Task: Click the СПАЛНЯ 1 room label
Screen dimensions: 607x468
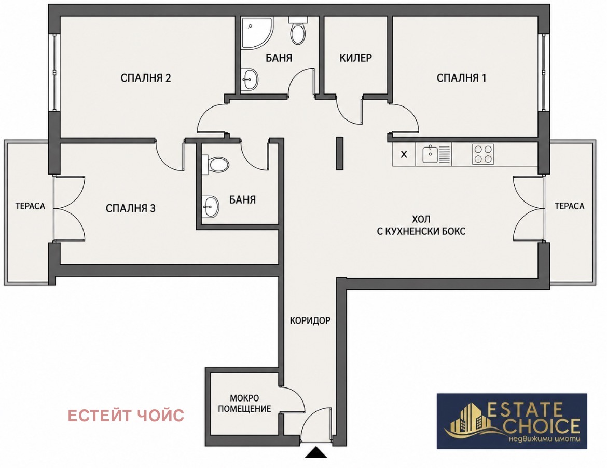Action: point(461,78)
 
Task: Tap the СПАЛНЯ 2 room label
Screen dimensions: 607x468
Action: point(146,78)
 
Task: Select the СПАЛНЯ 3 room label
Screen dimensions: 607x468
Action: point(130,208)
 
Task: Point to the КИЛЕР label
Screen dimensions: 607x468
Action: point(355,58)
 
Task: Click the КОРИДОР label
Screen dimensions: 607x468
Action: point(310,320)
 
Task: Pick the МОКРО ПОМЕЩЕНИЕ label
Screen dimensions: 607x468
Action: point(244,403)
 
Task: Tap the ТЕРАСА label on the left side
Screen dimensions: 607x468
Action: point(30,206)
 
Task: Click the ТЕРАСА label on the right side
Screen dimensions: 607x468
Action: point(569,206)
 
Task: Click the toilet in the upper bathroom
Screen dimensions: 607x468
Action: point(298,30)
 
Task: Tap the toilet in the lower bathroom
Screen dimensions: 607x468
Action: point(215,165)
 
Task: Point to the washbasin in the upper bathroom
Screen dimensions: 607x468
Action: point(250,80)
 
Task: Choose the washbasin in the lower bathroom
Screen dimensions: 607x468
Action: point(210,206)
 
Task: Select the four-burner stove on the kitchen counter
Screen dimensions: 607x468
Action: point(483,154)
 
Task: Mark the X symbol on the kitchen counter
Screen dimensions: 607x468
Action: point(404,154)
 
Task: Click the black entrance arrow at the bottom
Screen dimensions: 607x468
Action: point(316,452)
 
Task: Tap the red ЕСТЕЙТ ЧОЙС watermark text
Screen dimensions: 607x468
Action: point(126,415)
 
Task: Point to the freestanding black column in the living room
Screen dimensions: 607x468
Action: point(339,153)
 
